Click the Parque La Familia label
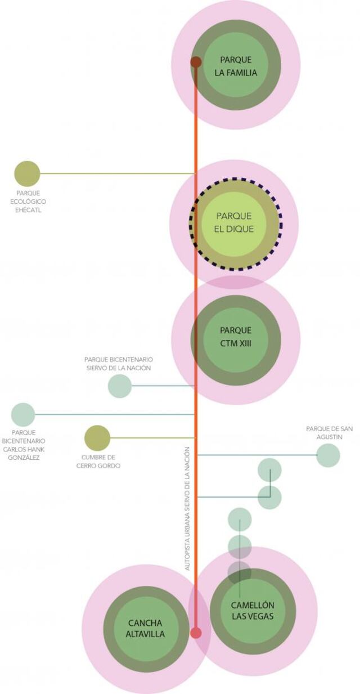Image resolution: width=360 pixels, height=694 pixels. click(x=236, y=66)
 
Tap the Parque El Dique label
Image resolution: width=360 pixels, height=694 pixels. click(x=233, y=222)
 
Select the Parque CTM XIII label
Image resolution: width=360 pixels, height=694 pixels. click(x=236, y=337)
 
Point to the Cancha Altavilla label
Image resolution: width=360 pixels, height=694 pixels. click(x=145, y=629)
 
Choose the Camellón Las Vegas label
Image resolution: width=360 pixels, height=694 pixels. click(x=253, y=611)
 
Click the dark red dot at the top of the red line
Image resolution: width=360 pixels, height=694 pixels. click(x=196, y=62)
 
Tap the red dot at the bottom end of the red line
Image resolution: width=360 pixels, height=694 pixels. click(x=196, y=633)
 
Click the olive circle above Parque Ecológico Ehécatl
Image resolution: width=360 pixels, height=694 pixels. click(x=27, y=174)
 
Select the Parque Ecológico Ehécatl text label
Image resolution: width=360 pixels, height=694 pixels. click(x=28, y=202)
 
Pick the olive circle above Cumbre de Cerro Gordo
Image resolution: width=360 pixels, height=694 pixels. click(x=97, y=438)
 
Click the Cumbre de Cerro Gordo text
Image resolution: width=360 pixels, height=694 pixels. click(x=98, y=462)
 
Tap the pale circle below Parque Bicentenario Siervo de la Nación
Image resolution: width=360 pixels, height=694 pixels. click(x=120, y=386)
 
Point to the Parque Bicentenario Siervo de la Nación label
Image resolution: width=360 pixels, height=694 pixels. click(x=119, y=364)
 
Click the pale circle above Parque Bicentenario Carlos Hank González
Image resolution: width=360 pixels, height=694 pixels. click(x=23, y=414)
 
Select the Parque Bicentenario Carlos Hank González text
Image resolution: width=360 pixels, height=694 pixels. click(x=24, y=445)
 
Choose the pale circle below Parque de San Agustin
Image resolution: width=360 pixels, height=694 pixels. click(x=328, y=455)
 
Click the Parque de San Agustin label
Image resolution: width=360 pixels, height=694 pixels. click(x=330, y=432)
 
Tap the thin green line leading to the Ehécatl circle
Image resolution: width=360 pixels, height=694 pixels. click(x=118, y=173)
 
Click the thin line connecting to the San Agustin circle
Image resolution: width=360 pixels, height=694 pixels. click(x=258, y=455)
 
